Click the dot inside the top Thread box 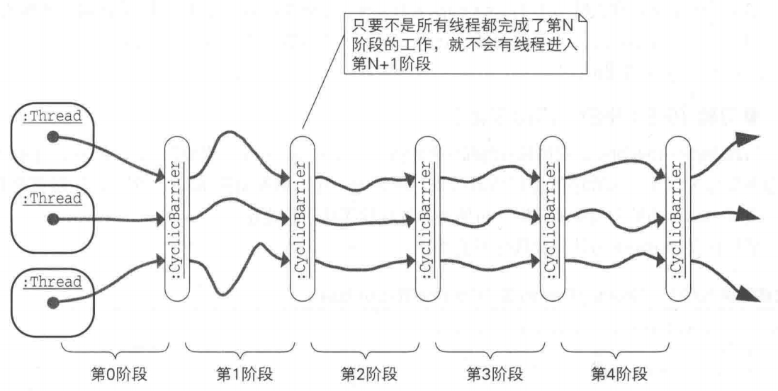tap(52, 137)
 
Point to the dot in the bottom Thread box tap(52, 303)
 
